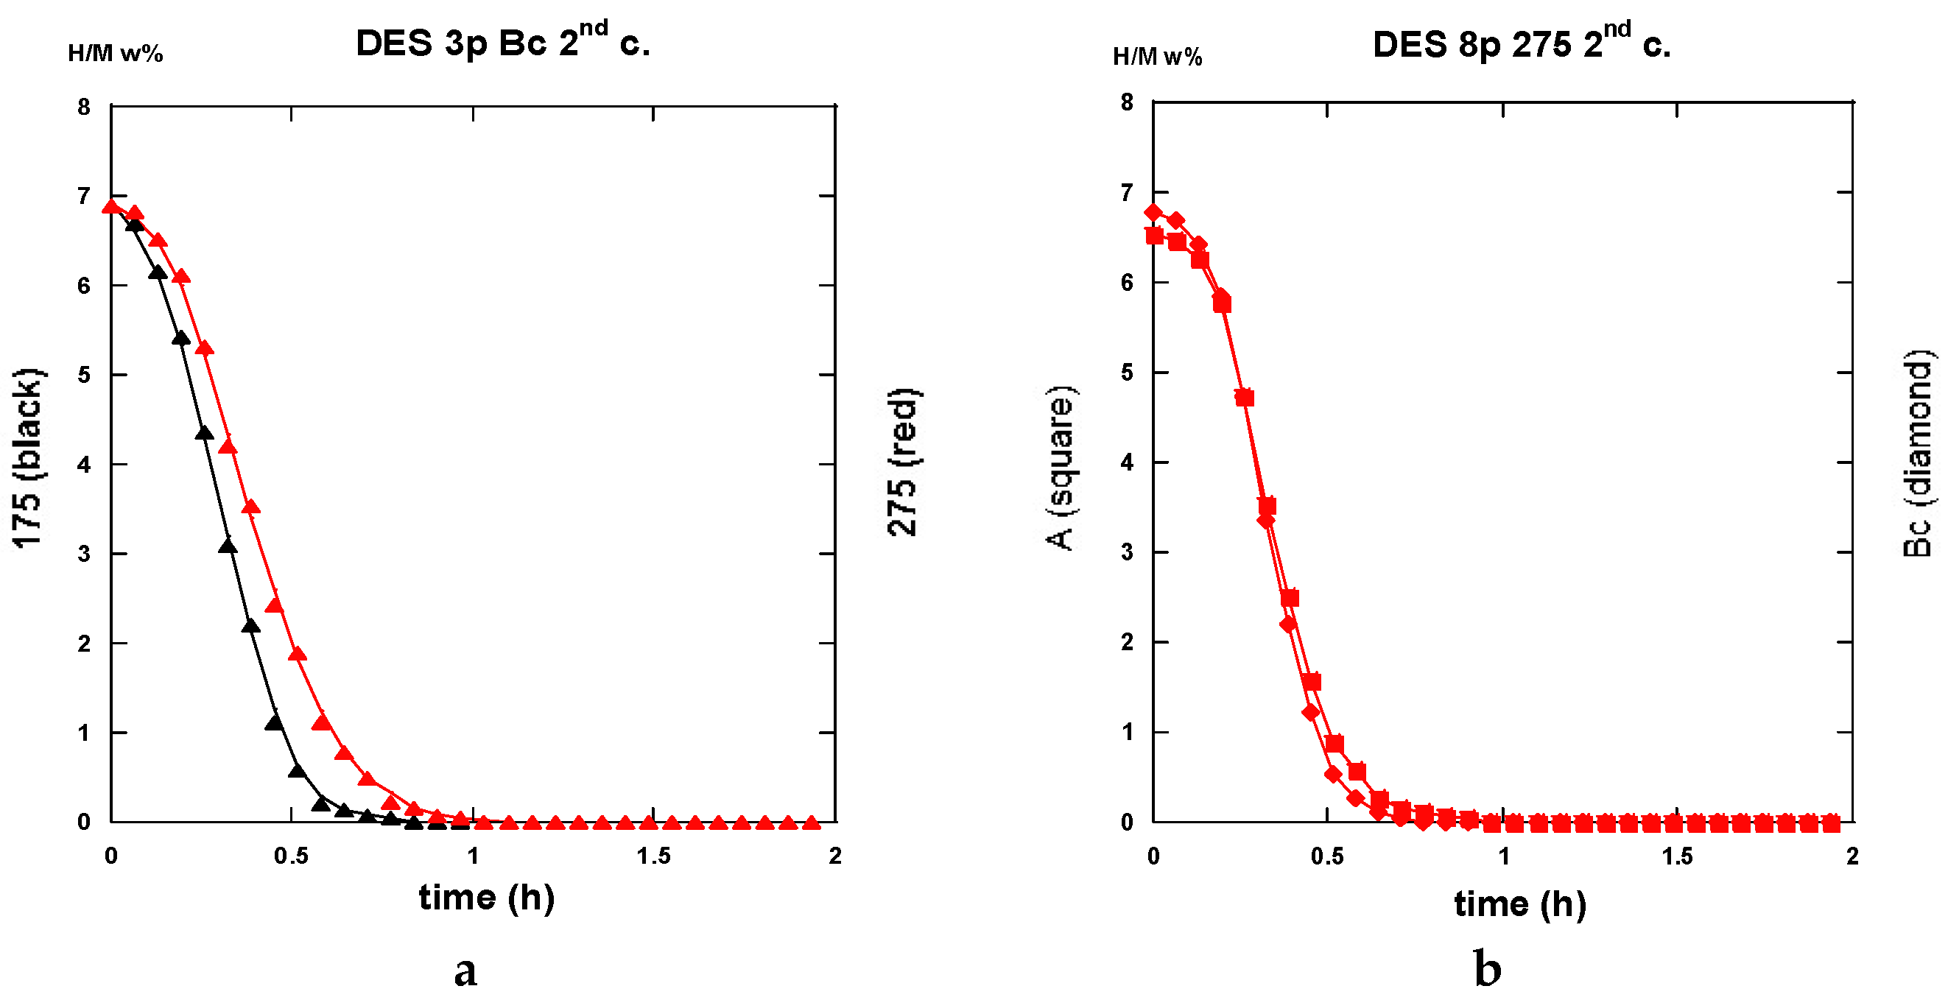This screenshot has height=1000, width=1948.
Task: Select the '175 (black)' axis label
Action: pyautogui.click(x=29, y=458)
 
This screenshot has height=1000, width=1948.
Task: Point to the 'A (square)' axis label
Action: pyautogui.click(x=1063, y=468)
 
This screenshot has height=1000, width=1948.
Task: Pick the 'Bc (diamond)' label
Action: pyautogui.click(x=1917, y=454)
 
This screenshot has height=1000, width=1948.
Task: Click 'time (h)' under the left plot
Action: pyautogui.click(x=486, y=898)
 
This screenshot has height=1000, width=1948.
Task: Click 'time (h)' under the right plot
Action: pyautogui.click(x=1520, y=904)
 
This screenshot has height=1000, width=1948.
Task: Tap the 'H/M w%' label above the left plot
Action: pyautogui.click(x=115, y=53)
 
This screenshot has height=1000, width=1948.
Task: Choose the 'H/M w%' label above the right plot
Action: pyautogui.click(x=1157, y=57)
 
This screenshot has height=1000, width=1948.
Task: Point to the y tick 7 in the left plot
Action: pyautogui.click(x=83, y=197)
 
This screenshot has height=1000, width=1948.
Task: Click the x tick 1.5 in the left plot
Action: pyautogui.click(x=653, y=856)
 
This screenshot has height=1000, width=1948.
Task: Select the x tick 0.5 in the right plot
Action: pyautogui.click(x=1327, y=856)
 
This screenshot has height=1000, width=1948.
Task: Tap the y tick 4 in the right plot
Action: pyautogui.click(x=1127, y=462)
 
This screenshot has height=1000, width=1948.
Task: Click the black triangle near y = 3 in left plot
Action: pyautogui.click(x=228, y=546)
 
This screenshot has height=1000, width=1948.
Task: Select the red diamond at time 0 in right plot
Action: pyautogui.click(x=1153, y=211)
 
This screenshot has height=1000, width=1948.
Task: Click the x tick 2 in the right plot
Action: pyautogui.click(x=1852, y=856)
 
